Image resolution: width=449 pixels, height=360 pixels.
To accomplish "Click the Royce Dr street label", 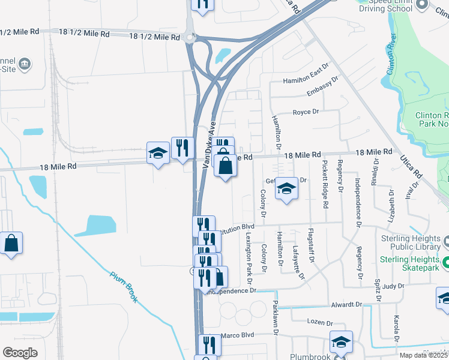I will [x=305, y=112].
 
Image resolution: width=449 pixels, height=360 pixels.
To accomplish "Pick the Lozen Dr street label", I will [x=319, y=322].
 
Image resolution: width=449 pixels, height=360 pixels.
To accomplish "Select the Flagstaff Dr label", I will [x=311, y=245].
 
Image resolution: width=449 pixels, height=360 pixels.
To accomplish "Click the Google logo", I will [x=20, y=352].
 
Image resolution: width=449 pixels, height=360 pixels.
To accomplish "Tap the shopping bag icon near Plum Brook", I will [x=11, y=243].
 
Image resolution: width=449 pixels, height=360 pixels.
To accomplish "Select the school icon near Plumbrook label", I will [x=340, y=342].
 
